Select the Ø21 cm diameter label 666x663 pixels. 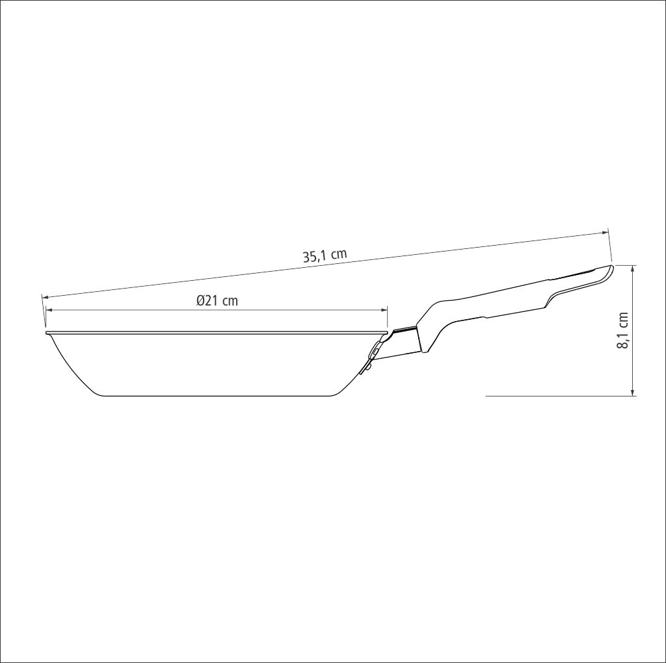point(217,300)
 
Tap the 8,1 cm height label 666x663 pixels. point(622,330)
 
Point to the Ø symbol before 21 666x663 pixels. point(201,300)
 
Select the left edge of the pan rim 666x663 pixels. point(47,333)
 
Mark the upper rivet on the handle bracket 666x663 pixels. point(375,351)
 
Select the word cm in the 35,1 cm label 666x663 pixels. point(338,253)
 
